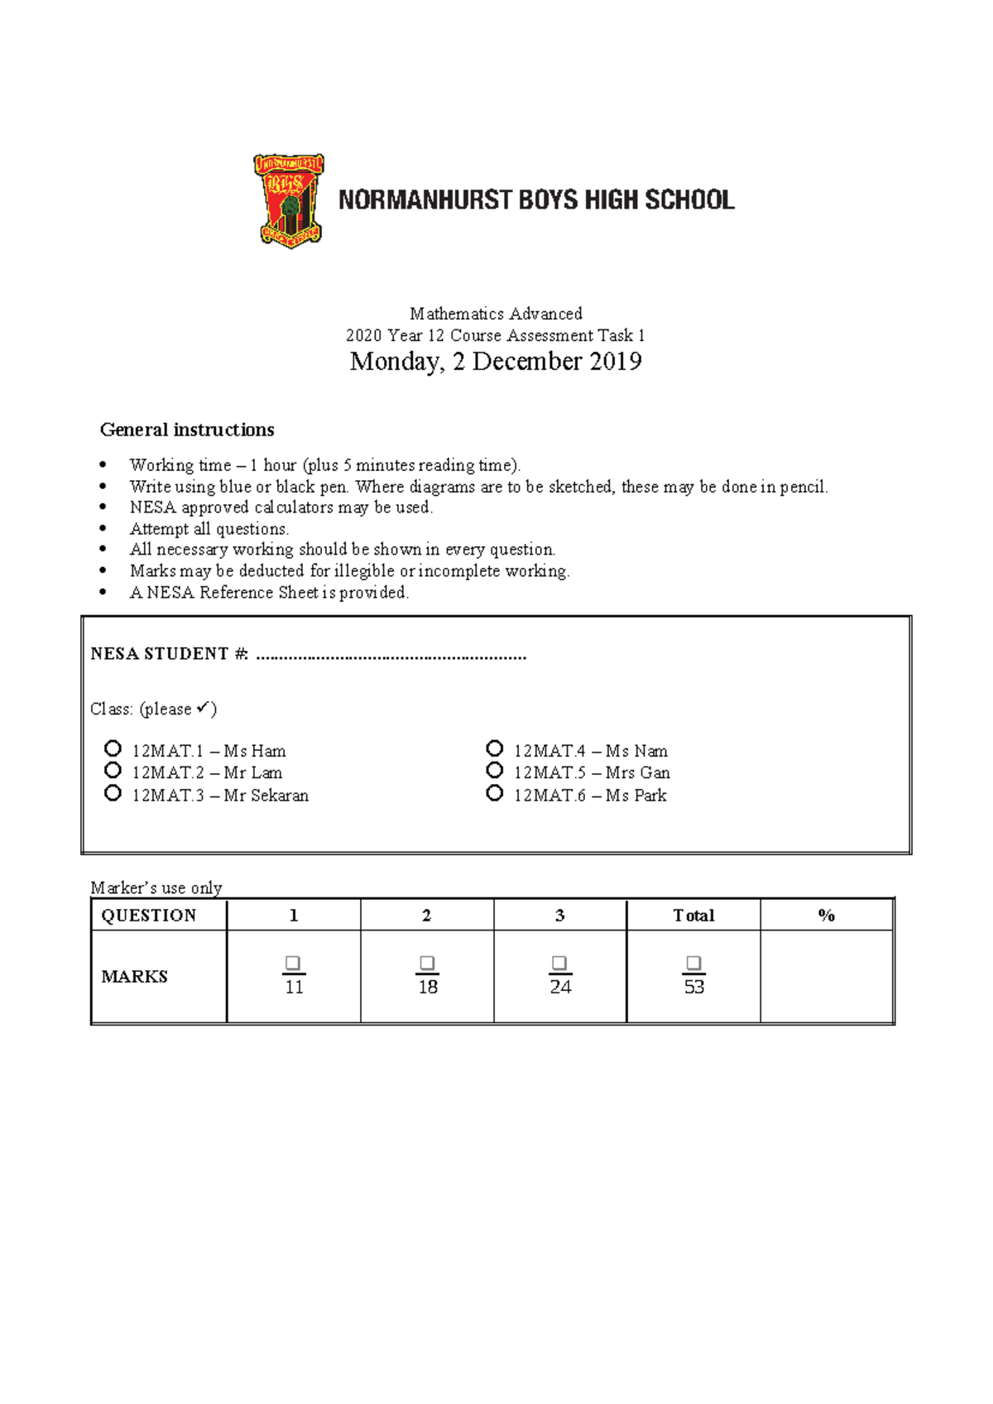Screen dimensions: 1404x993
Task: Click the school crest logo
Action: point(289,200)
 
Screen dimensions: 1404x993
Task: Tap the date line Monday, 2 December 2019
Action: point(496,362)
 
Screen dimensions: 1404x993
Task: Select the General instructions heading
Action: point(187,430)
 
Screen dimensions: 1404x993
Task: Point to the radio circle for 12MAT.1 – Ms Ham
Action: point(113,748)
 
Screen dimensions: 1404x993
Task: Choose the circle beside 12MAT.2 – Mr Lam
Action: point(113,771)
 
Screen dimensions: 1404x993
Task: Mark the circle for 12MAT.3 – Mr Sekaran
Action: point(113,793)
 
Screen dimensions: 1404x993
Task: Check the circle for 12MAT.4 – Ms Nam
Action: point(495,748)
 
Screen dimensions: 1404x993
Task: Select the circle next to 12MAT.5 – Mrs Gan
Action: point(495,771)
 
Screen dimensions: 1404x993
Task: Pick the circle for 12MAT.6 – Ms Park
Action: point(495,793)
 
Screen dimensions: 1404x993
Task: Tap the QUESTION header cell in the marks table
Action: point(149,916)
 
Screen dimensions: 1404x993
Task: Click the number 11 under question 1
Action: point(294,987)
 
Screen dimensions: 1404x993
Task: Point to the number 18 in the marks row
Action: point(428,987)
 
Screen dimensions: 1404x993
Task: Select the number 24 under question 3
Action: point(560,987)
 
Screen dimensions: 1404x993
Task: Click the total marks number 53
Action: point(694,987)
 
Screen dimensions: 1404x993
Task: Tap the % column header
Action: point(826,916)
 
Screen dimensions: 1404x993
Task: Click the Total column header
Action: point(693,916)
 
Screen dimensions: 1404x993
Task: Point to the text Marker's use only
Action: point(156,888)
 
